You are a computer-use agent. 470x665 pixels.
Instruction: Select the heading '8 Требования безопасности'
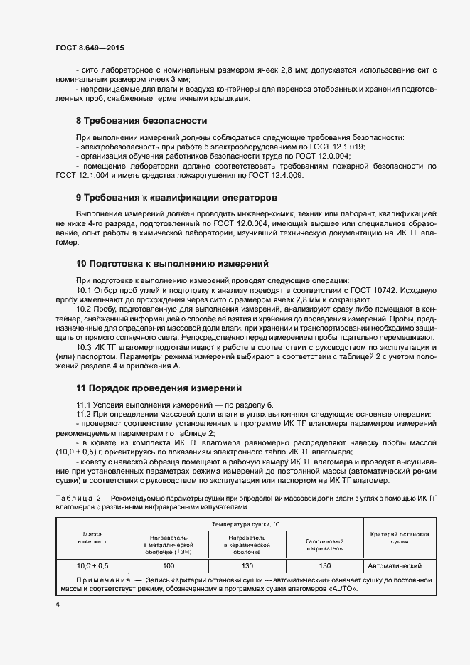pos(141,121)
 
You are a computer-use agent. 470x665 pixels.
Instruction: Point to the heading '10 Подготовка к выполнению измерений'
pos(171,263)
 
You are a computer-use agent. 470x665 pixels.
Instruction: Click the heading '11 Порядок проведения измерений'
pos(159,388)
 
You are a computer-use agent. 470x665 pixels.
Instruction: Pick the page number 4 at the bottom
pos(58,604)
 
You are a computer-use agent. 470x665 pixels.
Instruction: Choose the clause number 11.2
pos(85,414)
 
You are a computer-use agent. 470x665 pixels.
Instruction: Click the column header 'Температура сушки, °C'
pos(245,524)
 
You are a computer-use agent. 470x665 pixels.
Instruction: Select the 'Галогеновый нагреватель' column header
pos(324,544)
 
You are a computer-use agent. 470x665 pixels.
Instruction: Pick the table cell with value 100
pos(168,566)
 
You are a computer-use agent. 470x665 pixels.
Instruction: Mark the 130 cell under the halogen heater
pos(325,566)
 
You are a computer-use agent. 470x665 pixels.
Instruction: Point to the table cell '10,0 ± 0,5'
pos(92,566)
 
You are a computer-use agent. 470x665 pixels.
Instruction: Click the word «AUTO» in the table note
pos(342,590)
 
